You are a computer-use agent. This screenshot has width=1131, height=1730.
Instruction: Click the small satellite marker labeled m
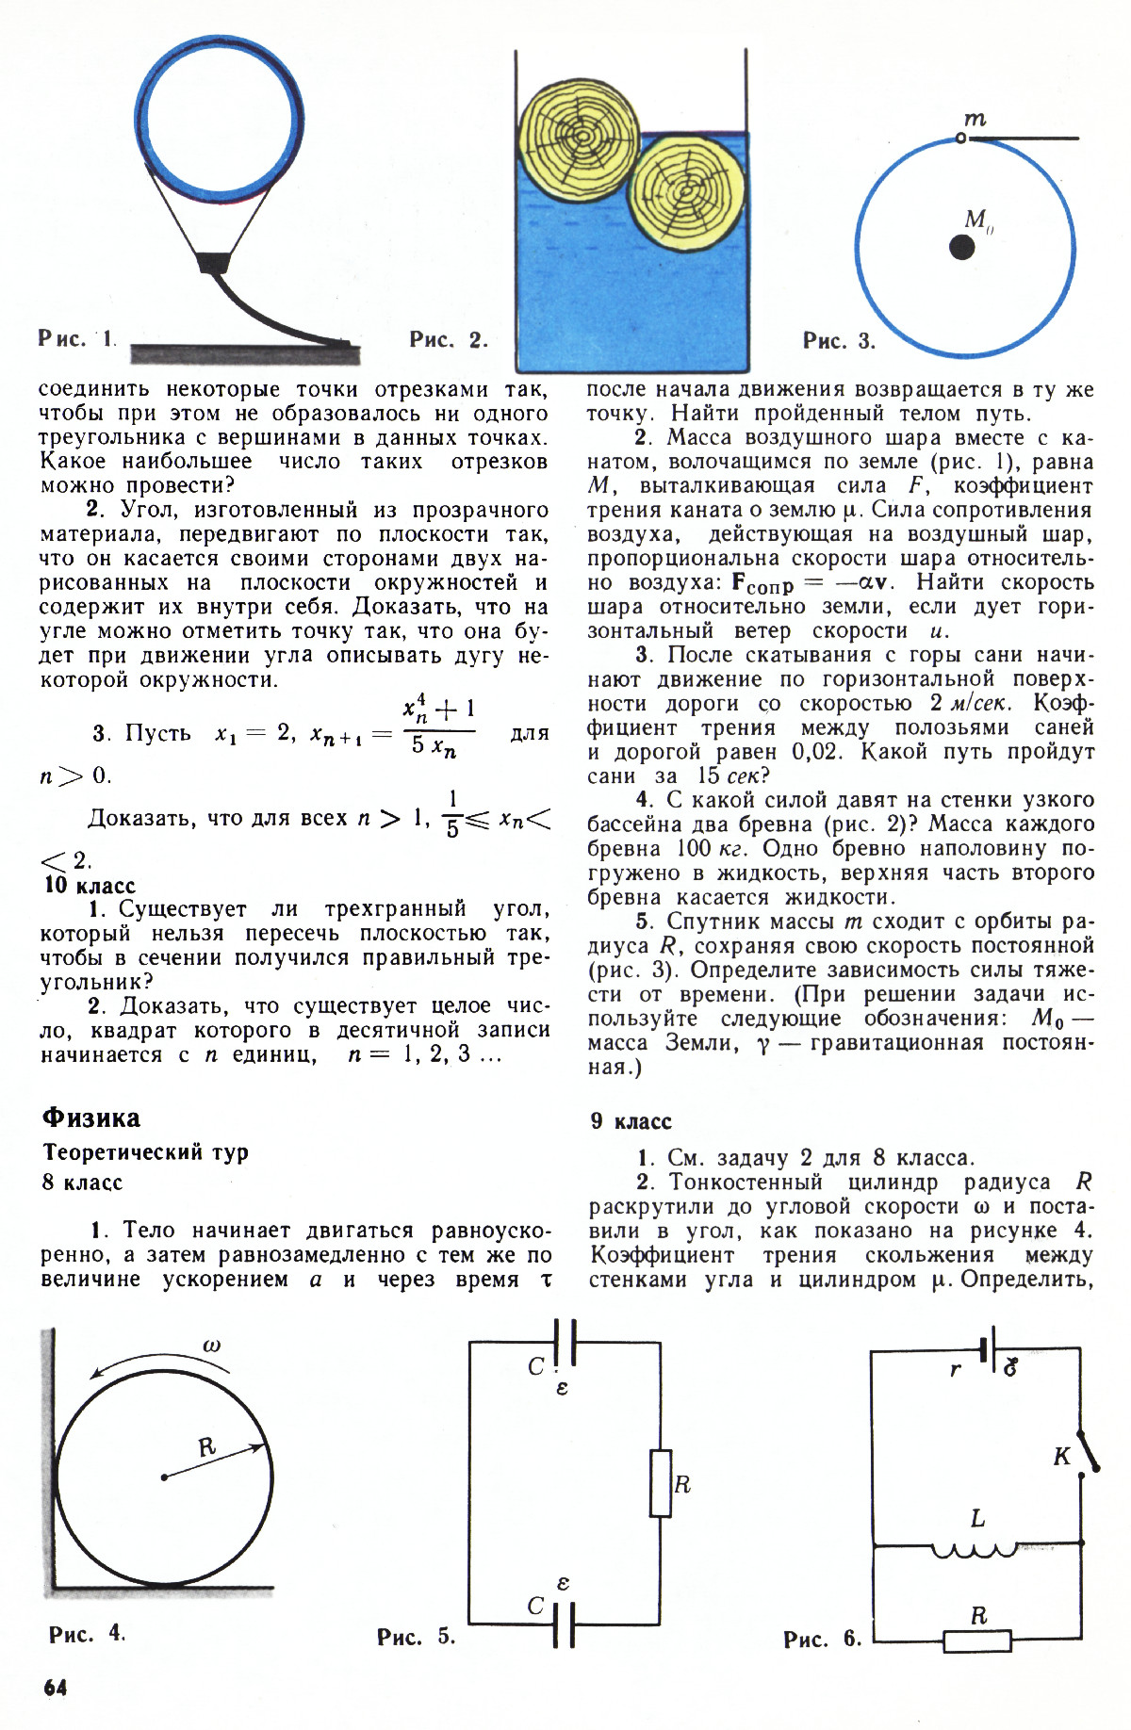pos(959,138)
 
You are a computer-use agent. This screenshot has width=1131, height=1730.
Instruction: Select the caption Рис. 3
pos(839,340)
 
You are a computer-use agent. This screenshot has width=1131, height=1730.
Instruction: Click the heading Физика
pos(91,1118)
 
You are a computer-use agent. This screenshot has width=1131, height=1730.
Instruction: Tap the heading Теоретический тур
pos(145,1152)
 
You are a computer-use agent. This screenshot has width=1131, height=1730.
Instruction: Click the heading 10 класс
pos(90,886)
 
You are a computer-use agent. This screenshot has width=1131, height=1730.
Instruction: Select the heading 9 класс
pos(631,1121)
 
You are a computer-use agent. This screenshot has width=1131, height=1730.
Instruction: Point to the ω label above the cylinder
pos(211,1346)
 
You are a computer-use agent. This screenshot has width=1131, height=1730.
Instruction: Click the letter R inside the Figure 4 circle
pos(206,1447)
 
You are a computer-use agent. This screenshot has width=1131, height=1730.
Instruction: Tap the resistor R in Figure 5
pos(661,1483)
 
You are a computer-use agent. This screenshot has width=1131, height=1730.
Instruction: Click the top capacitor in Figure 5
pos(565,1343)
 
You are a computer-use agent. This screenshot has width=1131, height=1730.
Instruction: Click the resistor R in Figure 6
pos(977,1641)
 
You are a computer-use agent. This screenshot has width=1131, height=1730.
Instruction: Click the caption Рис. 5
pos(416,1637)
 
